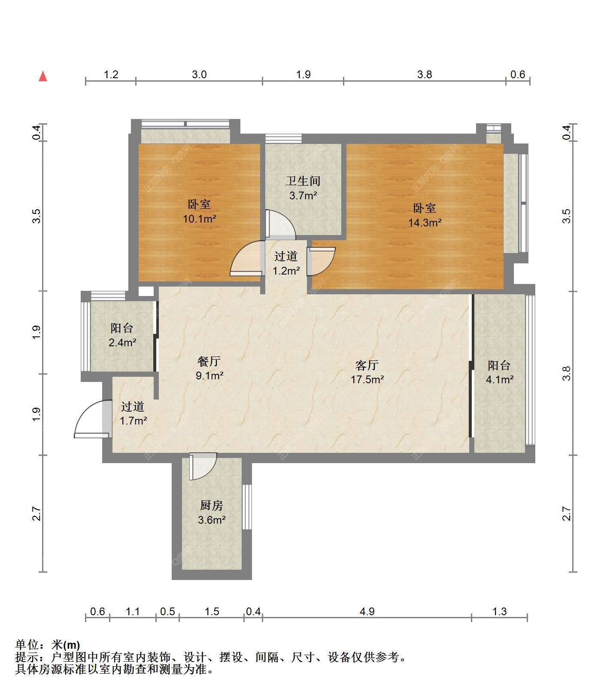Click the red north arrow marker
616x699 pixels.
(x=43, y=76)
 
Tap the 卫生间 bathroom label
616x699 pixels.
(x=303, y=181)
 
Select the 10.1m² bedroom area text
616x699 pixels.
(x=200, y=219)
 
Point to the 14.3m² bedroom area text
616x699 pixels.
(x=425, y=223)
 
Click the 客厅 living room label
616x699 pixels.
(x=367, y=365)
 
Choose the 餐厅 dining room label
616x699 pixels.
(x=209, y=361)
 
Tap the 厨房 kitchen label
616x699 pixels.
(x=212, y=505)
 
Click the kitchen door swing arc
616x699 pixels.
(x=203, y=466)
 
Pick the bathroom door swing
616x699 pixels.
(x=281, y=224)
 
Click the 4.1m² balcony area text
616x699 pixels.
(x=500, y=379)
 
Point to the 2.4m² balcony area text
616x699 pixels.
(x=122, y=342)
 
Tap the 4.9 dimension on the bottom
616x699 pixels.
(x=367, y=611)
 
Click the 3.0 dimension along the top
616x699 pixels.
(x=199, y=74)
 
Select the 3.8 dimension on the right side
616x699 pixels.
(x=567, y=373)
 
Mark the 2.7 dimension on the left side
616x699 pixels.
(x=36, y=514)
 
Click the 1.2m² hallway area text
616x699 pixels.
(x=286, y=271)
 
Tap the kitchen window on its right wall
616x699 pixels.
(x=247, y=507)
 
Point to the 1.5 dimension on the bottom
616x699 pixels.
(x=212, y=611)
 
